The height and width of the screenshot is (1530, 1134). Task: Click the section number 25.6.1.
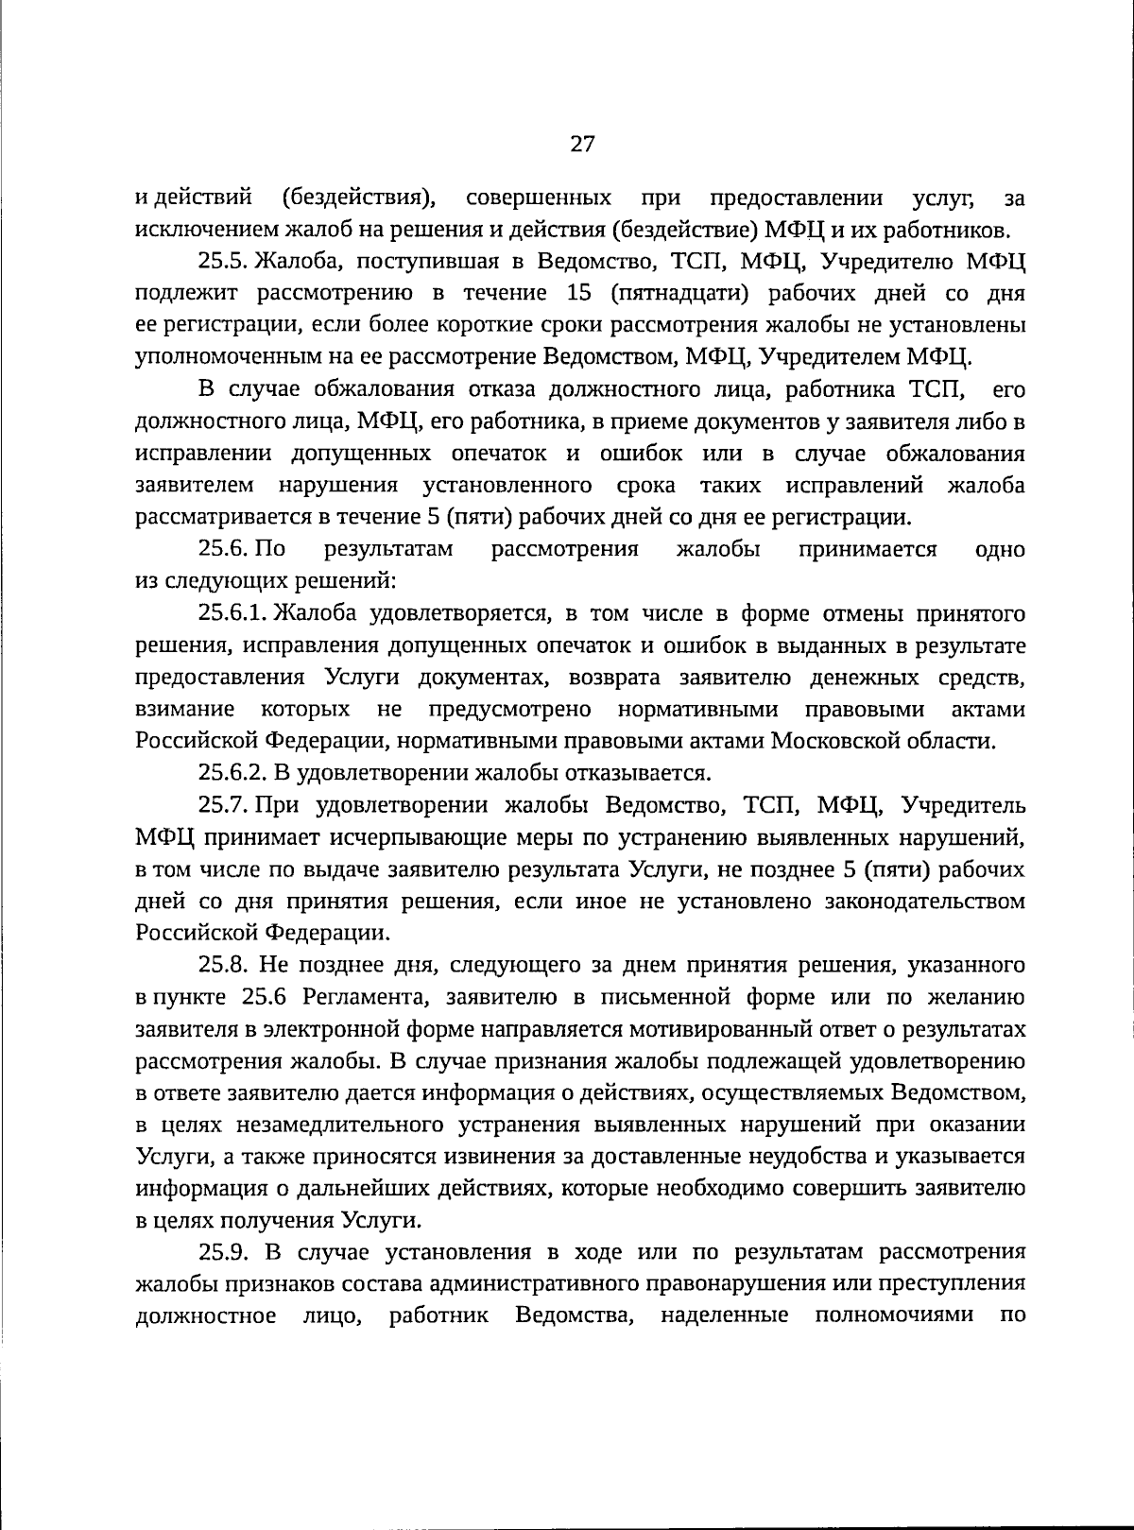(x=235, y=613)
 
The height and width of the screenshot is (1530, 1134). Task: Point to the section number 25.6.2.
(x=233, y=773)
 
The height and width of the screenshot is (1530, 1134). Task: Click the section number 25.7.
(x=223, y=805)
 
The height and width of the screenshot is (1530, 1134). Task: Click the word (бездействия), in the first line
(x=359, y=198)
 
